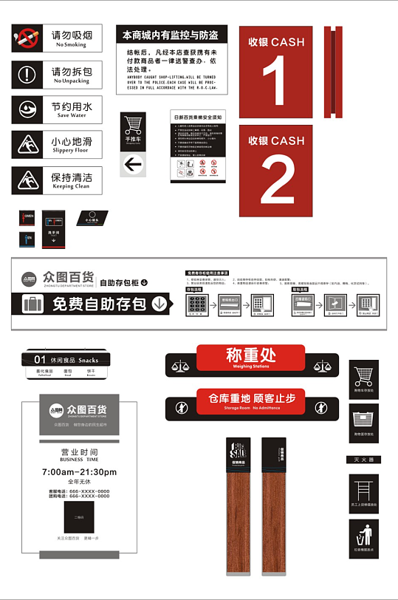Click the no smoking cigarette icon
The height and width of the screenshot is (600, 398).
[27, 37]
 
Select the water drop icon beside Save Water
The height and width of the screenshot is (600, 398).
[27, 109]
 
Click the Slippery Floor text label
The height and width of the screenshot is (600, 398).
[70, 151]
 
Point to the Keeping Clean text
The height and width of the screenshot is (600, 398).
[71, 187]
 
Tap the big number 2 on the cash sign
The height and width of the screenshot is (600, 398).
[277, 180]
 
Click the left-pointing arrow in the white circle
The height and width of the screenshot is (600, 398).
[133, 163]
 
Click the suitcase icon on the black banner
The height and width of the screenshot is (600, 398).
[32, 304]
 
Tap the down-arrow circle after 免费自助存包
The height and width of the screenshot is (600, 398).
[159, 303]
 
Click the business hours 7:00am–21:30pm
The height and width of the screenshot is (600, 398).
[79, 471]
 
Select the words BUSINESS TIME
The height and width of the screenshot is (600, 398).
[79, 459]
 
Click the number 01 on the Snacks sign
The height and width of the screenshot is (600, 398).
[40, 360]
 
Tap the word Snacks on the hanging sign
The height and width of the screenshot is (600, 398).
[88, 360]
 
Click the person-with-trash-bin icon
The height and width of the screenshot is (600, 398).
[363, 536]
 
